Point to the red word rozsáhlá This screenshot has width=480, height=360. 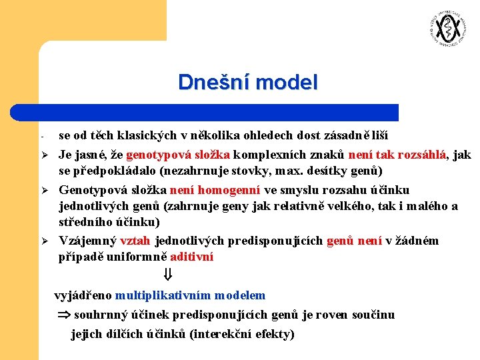(x=423, y=155)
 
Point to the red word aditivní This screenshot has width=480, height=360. (x=192, y=257)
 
